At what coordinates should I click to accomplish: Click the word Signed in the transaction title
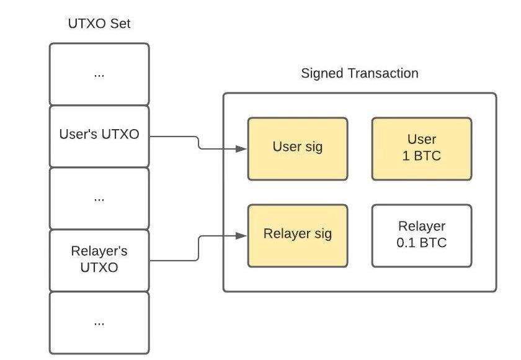[323, 73]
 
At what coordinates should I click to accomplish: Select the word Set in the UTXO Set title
[120, 24]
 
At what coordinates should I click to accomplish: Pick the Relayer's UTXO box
[99, 260]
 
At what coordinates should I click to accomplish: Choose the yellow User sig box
[298, 148]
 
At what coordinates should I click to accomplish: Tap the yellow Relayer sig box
[298, 235]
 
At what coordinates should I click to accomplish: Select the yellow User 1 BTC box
[422, 148]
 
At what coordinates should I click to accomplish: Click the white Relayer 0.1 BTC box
[422, 235]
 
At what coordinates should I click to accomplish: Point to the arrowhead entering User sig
[243, 149]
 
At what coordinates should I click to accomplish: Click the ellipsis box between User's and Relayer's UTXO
[99, 198]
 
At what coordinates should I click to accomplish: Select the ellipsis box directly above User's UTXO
[99, 74]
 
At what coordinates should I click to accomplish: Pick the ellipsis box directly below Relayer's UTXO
[99, 322]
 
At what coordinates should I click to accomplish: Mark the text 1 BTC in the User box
[422, 156]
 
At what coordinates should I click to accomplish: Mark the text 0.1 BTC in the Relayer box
[422, 243]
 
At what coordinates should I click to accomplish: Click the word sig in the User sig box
[313, 148]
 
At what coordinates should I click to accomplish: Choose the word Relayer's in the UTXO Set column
[99, 252]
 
